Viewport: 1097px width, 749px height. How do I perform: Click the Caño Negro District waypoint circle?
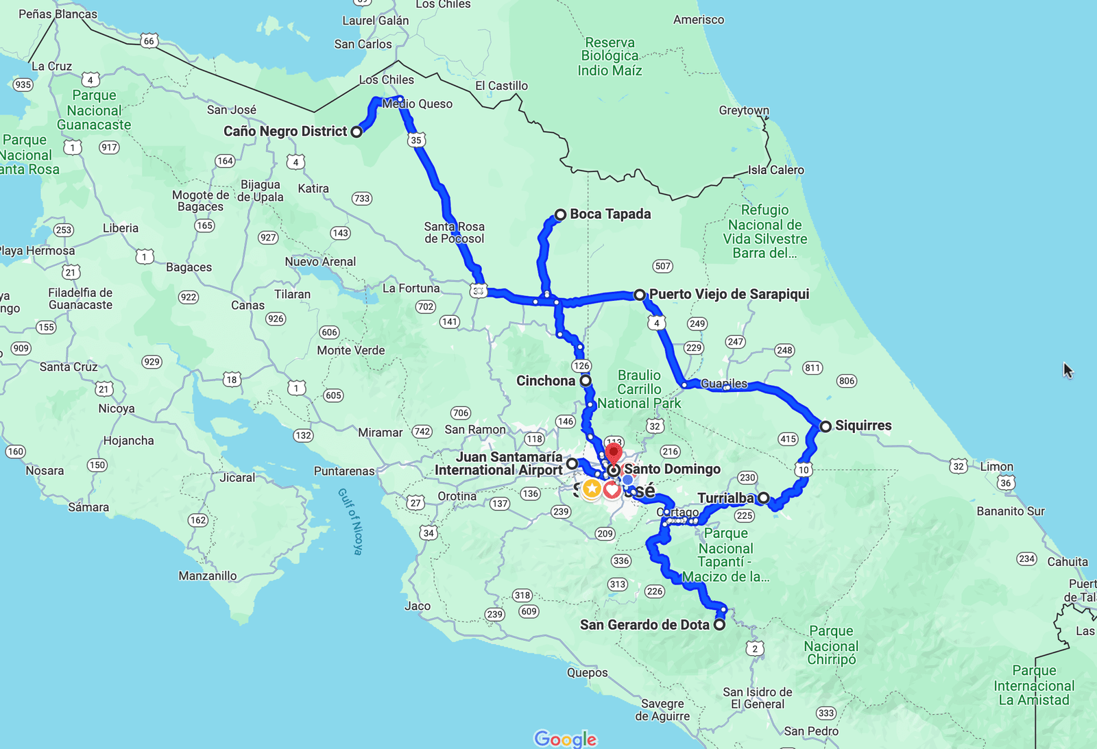coord(357,132)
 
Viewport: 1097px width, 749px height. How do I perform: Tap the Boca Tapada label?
coord(610,214)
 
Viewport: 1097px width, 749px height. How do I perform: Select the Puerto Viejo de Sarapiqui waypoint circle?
coord(640,295)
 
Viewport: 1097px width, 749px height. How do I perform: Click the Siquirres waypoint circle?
coord(825,426)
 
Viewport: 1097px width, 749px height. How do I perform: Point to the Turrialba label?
coord(725,498)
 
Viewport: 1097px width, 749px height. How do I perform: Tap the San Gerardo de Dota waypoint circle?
coord(719,625)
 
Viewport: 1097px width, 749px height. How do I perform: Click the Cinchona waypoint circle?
coord(586,380)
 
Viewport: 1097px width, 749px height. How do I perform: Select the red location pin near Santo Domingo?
coord(614,453)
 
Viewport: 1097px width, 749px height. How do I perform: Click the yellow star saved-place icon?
coord(592,489)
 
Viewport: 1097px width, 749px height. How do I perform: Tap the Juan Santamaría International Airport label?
coord(499,464)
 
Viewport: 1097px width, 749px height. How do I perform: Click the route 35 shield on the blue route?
coord(416,140)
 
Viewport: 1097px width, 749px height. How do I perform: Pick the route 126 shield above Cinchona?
coord(581,365)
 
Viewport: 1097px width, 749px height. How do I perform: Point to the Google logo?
coord(566,739)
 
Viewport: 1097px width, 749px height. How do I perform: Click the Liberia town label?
coord(121,228)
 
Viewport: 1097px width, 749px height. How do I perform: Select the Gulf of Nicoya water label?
coord(350,521)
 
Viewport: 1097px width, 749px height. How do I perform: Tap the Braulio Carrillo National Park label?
coord(639,389)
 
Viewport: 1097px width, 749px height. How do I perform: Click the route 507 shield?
coord(662,266)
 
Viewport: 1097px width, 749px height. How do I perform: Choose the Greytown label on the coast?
coord(744,110)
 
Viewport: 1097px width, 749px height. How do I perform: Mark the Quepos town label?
coord(587,672)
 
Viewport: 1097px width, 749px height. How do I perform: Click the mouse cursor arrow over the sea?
coord(1068,370)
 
